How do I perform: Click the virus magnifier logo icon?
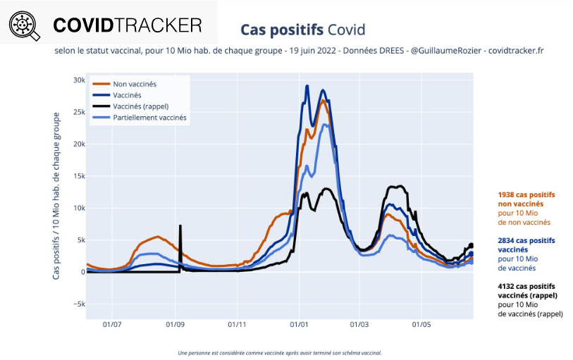[x=23, y=25]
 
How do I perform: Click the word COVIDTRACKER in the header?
[x=128, y=25]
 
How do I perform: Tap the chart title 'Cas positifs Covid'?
[x=302, y=30]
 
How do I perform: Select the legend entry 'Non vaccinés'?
[x=134, y=84]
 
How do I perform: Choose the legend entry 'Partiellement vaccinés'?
[x=149, y=118]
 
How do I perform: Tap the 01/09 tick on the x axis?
[x=175, y=326]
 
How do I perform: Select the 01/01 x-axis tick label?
[x=299, y=326]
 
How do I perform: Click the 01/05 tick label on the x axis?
[x=421, y=326]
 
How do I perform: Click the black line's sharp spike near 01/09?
[x=180, y=226]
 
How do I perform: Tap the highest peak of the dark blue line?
[x=307, y=87]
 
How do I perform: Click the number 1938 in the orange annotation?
[x=507, y=194]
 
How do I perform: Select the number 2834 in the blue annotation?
[x=507, y=240]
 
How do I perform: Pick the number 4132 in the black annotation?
[x=507, y=287]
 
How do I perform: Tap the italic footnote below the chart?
[x=280, y=352]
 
